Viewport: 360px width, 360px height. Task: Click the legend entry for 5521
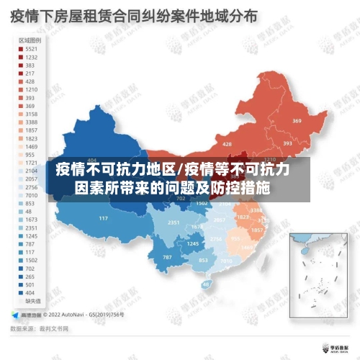[27, 48]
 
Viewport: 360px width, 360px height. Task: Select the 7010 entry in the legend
[27, 195]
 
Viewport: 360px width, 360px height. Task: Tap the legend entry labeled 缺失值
[30, 302]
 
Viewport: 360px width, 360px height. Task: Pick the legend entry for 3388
[27, 122]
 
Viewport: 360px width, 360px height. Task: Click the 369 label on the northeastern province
[297, 121]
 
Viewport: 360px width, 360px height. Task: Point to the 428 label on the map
[228, 144]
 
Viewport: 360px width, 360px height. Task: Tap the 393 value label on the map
[287, 143]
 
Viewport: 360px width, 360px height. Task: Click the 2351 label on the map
[173, 223]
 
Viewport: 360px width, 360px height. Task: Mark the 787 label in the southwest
[167, 257]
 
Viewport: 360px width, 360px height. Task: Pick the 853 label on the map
[203, 260]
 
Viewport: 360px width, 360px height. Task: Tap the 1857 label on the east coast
[258, 230]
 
